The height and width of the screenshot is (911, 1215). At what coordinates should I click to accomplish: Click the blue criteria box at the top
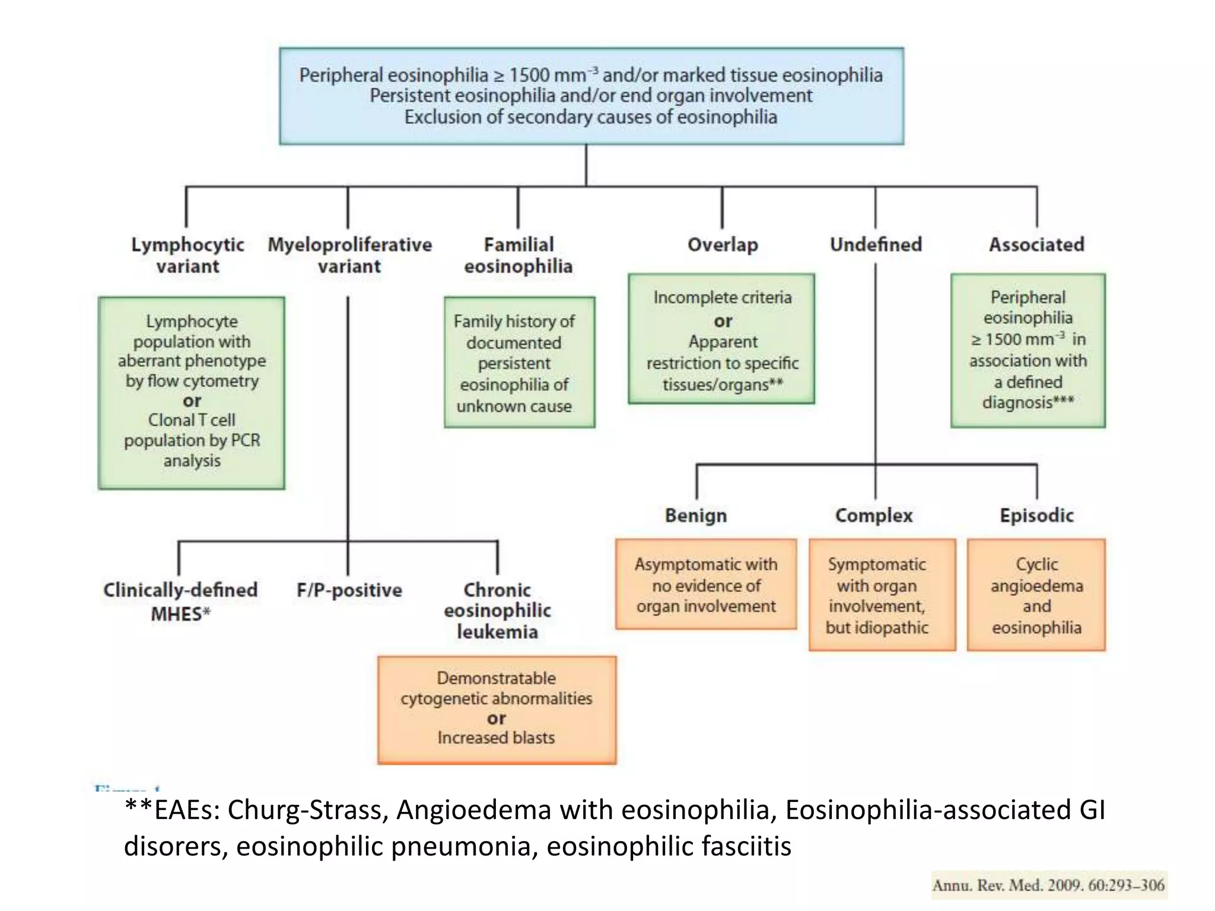point(591,96)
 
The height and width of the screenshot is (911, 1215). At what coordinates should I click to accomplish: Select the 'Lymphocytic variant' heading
point(187,255)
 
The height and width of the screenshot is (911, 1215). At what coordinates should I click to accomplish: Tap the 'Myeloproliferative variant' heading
point(349,255)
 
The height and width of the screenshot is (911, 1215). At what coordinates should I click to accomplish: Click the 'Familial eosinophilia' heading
point(519,255)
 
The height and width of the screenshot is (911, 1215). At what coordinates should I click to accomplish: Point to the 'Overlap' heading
point(723,244)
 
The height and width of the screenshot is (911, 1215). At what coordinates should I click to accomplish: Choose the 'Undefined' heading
point(876,244)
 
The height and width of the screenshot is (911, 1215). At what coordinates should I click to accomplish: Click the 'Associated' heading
point(1036,244)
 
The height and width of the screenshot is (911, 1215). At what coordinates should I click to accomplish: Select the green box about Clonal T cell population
point(192,393)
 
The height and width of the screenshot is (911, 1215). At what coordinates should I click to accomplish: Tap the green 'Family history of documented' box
point(519,362)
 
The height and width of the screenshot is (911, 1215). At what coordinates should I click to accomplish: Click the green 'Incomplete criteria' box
point(721,339)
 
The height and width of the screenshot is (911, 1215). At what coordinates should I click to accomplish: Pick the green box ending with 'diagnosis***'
point(1028,350)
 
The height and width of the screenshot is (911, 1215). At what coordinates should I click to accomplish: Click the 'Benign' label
point(696,515)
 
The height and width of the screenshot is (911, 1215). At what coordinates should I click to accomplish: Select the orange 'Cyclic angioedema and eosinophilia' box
point(1036,595)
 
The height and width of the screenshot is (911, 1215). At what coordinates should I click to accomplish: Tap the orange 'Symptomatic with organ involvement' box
point(882,595)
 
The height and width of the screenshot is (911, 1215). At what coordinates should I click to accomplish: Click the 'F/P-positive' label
point(349,590)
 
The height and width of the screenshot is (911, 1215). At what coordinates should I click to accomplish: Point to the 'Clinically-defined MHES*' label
point(180,601)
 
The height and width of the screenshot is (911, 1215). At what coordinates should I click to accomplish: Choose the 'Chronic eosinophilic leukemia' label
point(497,610)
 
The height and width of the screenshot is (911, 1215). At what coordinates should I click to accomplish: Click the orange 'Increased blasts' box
point(497,709)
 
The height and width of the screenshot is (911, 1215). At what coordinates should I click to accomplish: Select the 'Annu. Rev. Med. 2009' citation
point(1048,885)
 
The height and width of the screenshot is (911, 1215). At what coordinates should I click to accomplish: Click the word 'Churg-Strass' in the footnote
point(307,810)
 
